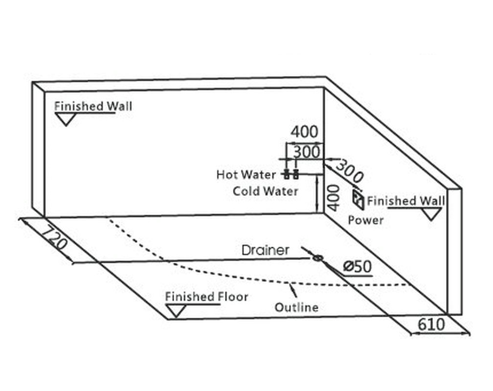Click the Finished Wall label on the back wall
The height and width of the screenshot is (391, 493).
tap(93, 106)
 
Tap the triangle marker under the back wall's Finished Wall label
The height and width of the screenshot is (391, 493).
tap(66, 119)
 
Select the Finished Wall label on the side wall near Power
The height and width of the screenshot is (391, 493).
tap(406, 201)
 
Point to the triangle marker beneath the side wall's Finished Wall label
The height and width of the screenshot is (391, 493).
tap(431, 214)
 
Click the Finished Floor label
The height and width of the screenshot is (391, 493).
tap(206, 297)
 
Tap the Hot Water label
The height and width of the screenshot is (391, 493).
tap(246, 175)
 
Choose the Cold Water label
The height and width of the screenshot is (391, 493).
tap(266, 191)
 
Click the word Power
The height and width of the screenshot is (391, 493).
tap(366, 220)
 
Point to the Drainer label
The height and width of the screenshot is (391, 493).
tap(266, 250)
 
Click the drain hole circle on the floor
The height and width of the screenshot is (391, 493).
tap(318, 259)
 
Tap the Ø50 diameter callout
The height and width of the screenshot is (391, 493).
tap(358, 266)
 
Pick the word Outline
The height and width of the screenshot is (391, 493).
tap(296, 307)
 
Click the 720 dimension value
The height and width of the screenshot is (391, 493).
tap(54, 238)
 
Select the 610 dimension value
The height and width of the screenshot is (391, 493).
tap(431, 325)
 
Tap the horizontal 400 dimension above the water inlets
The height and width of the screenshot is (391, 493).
tap(304, 132)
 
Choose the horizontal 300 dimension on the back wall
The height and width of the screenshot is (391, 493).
tap(307, 152)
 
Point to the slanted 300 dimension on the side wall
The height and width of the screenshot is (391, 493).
tap(349, 171)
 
